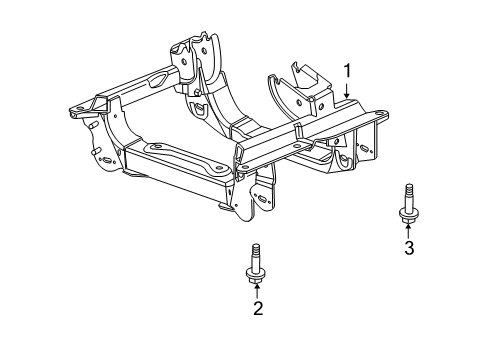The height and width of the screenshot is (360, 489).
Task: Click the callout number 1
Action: click(348, 71)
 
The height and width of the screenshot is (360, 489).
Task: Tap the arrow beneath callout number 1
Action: click(347, 91)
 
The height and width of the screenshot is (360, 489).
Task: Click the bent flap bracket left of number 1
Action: click(292, 77)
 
